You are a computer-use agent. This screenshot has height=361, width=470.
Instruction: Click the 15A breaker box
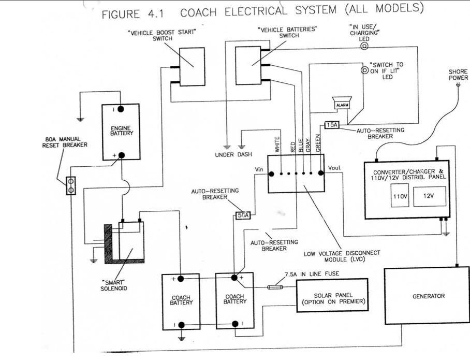pos(332,125)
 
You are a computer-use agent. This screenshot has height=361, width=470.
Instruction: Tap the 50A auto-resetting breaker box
pos(243,215)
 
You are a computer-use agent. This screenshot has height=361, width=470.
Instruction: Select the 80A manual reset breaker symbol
pos(71,185)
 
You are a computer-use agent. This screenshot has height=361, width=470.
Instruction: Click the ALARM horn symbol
pos(342,103)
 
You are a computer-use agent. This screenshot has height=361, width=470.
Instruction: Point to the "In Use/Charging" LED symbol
pos(364,46)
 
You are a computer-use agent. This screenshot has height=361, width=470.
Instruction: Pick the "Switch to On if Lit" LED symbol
pos(364,70)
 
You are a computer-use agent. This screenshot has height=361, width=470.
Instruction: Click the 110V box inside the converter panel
pos(400,196)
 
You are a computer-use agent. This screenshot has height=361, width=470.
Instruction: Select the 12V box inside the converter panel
pos(429,196)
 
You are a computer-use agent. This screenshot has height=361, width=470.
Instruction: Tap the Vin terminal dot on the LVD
pos(271,174)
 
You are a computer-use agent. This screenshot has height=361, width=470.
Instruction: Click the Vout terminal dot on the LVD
pos(321,173)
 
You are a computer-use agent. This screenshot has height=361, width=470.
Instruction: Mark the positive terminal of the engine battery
pos(122,155)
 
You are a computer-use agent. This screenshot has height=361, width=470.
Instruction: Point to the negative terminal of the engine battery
pos(121,109)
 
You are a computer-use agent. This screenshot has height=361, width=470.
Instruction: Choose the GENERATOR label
pos(429,296)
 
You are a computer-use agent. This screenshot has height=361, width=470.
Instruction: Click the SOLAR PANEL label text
pos(333,295)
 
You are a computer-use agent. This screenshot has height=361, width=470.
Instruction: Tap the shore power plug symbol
pos(458,85)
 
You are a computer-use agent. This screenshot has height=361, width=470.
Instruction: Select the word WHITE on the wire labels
pos(277,144)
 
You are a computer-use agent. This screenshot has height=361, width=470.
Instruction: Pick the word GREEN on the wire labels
pos(318,143)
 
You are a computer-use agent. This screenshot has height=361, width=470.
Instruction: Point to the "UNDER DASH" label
pos(233,155)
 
